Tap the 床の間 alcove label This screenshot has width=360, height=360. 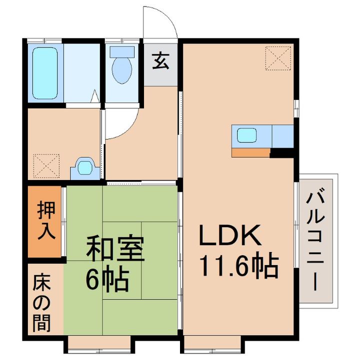[43, 303]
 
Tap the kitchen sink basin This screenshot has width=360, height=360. [247, 135]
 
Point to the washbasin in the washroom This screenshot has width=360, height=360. [83, 167]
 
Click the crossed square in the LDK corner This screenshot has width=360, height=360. [278, 58]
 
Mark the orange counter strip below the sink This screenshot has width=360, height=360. [251, 152]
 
